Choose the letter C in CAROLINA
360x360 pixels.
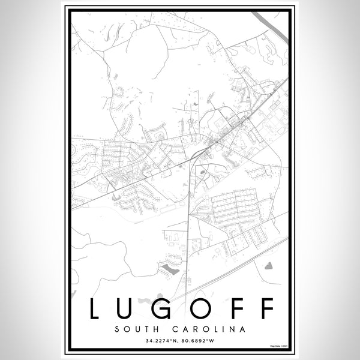[x=178, y=329]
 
